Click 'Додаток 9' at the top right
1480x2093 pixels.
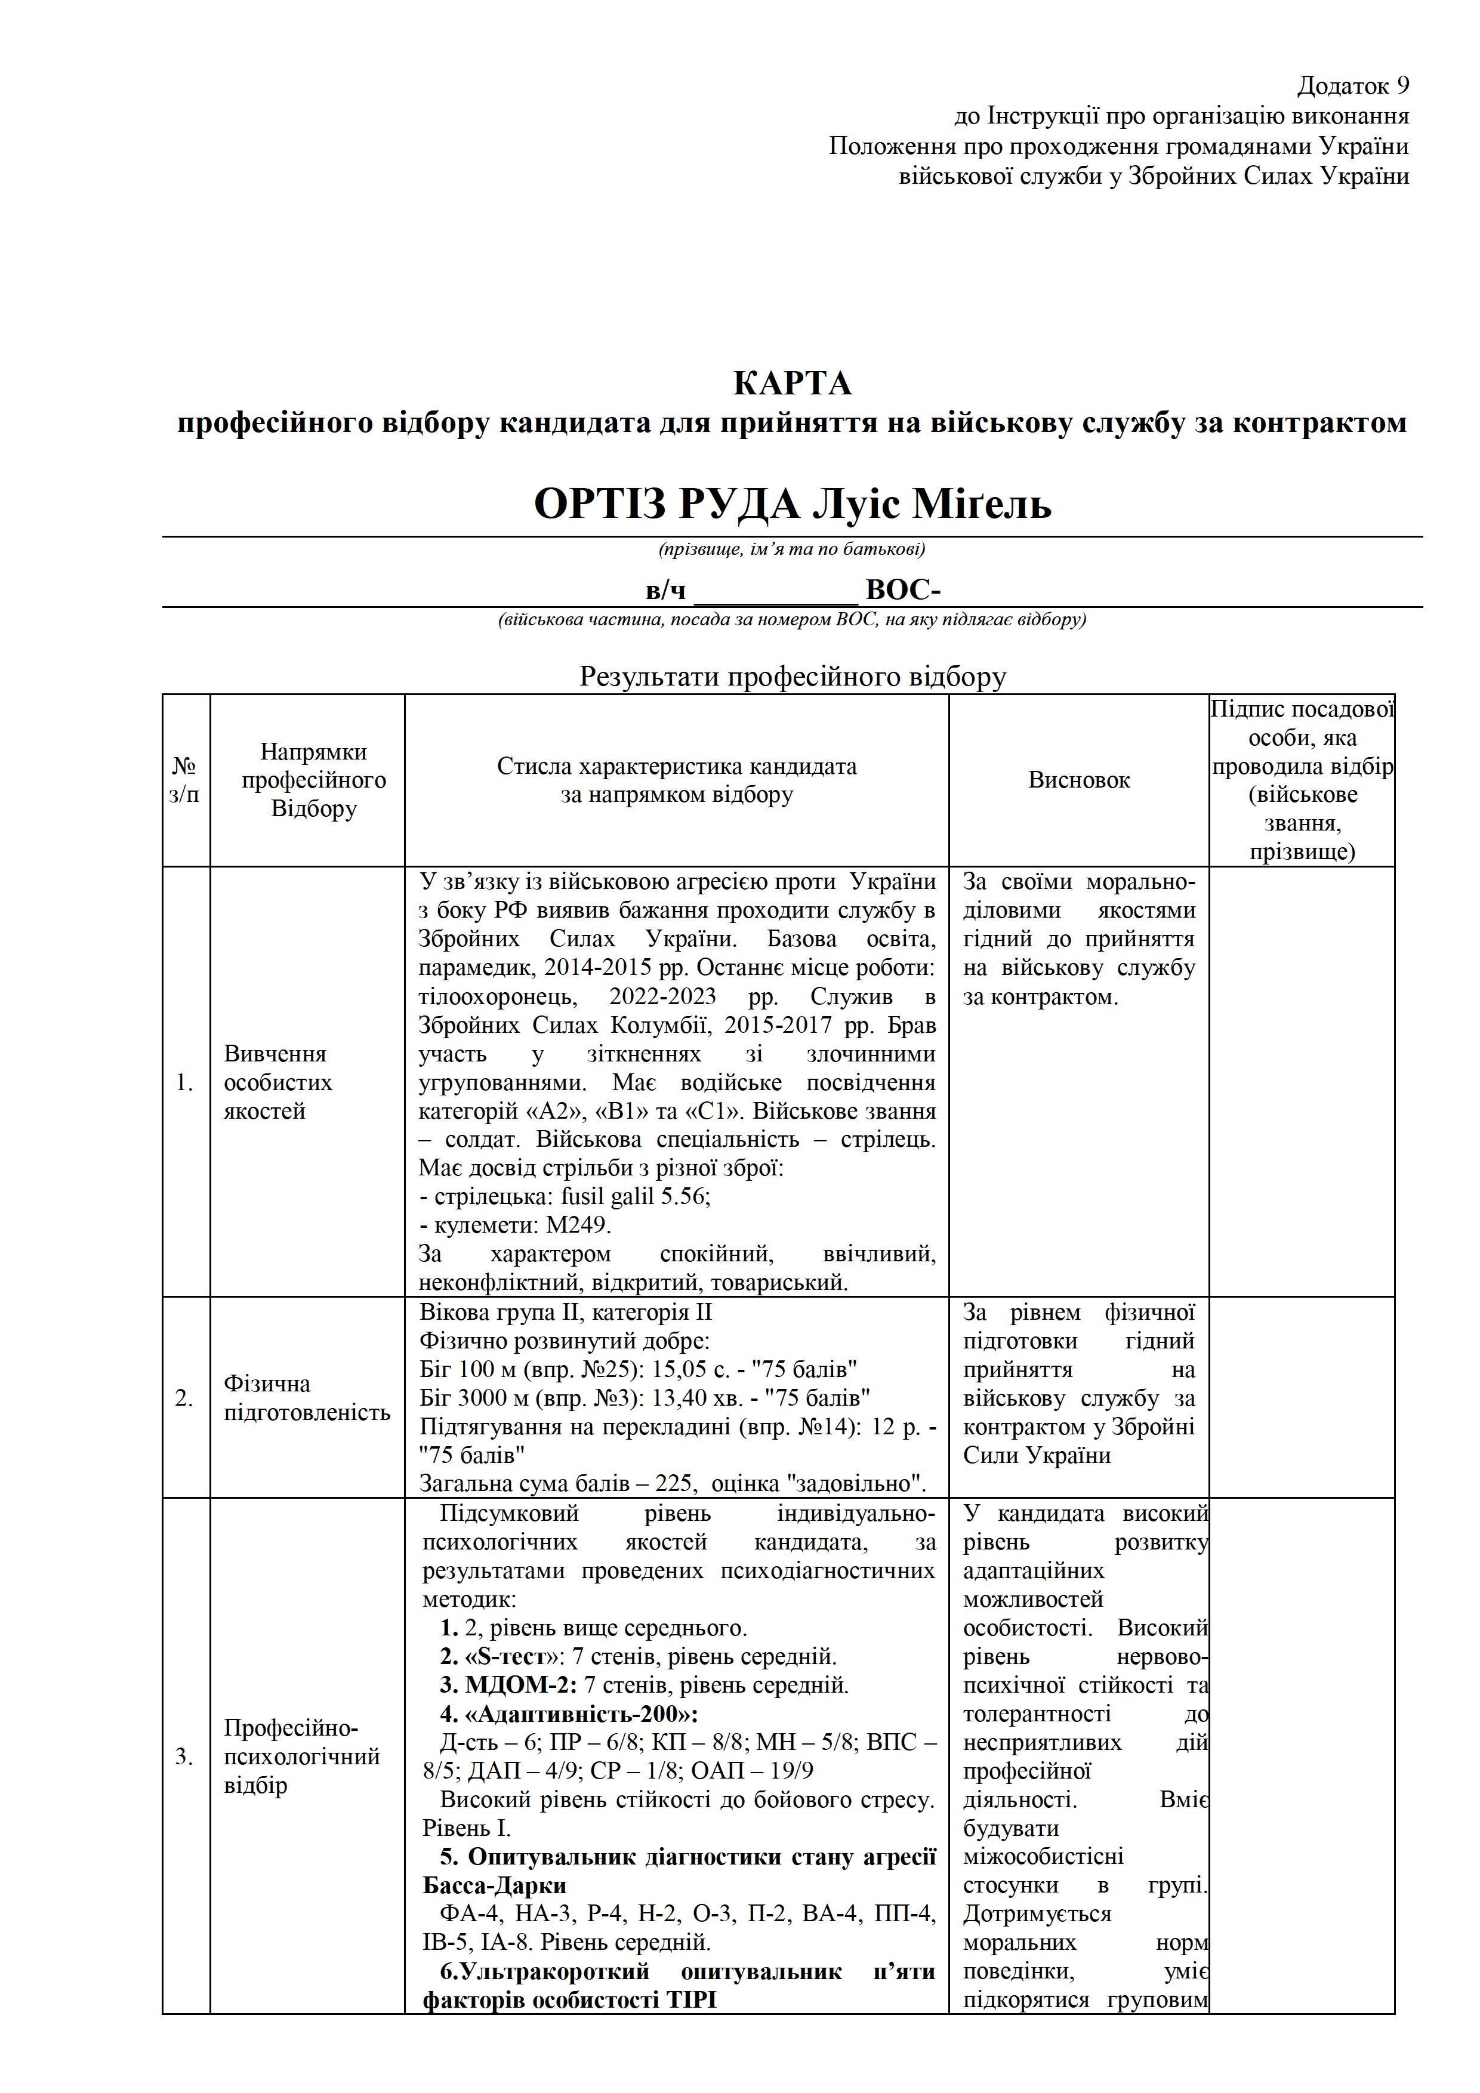(x=1353, y=87)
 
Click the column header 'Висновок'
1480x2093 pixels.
(x=1079, y=780)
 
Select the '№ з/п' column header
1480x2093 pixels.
(x=184, y=780)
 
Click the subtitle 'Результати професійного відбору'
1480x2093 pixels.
(x=793, y=677)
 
